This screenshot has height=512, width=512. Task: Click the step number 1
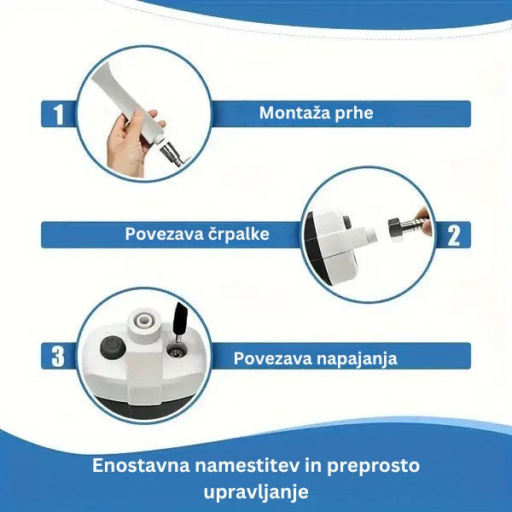coord(58,113)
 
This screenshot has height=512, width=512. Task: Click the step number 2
coord(453,235)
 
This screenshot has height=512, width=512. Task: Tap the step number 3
coord(58,356)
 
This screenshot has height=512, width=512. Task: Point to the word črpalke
coord(234,234)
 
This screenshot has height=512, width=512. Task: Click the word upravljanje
coord(256,492)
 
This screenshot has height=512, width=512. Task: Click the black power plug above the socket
coord(180,323)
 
